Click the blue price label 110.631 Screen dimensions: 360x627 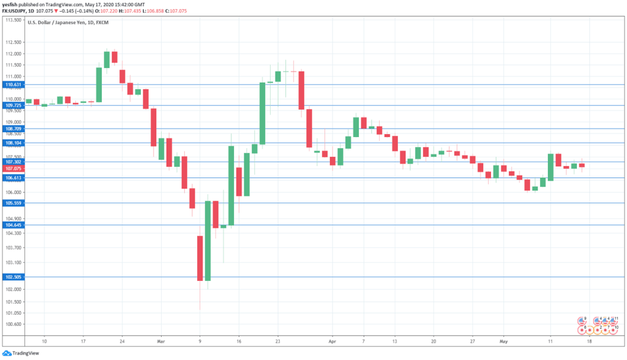(x=12, y=84)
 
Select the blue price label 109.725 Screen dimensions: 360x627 (x=12, y=105)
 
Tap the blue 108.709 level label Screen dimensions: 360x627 (x=12, y=129)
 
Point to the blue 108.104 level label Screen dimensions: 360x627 (x=12, y=143)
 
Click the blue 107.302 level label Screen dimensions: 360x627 (x=12, y=162)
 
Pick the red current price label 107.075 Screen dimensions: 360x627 (x=12, y=168)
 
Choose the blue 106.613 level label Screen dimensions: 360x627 (x=12, y=178)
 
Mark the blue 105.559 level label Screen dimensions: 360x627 (x=12, y=203)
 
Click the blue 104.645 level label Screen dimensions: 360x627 (x=12, y=225)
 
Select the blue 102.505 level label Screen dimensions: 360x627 (x=12, y=277)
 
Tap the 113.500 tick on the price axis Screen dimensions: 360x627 (x=12, y=20)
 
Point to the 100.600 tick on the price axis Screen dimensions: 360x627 (x=12, y=324)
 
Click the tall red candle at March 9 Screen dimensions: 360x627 (x=200, y=258)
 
